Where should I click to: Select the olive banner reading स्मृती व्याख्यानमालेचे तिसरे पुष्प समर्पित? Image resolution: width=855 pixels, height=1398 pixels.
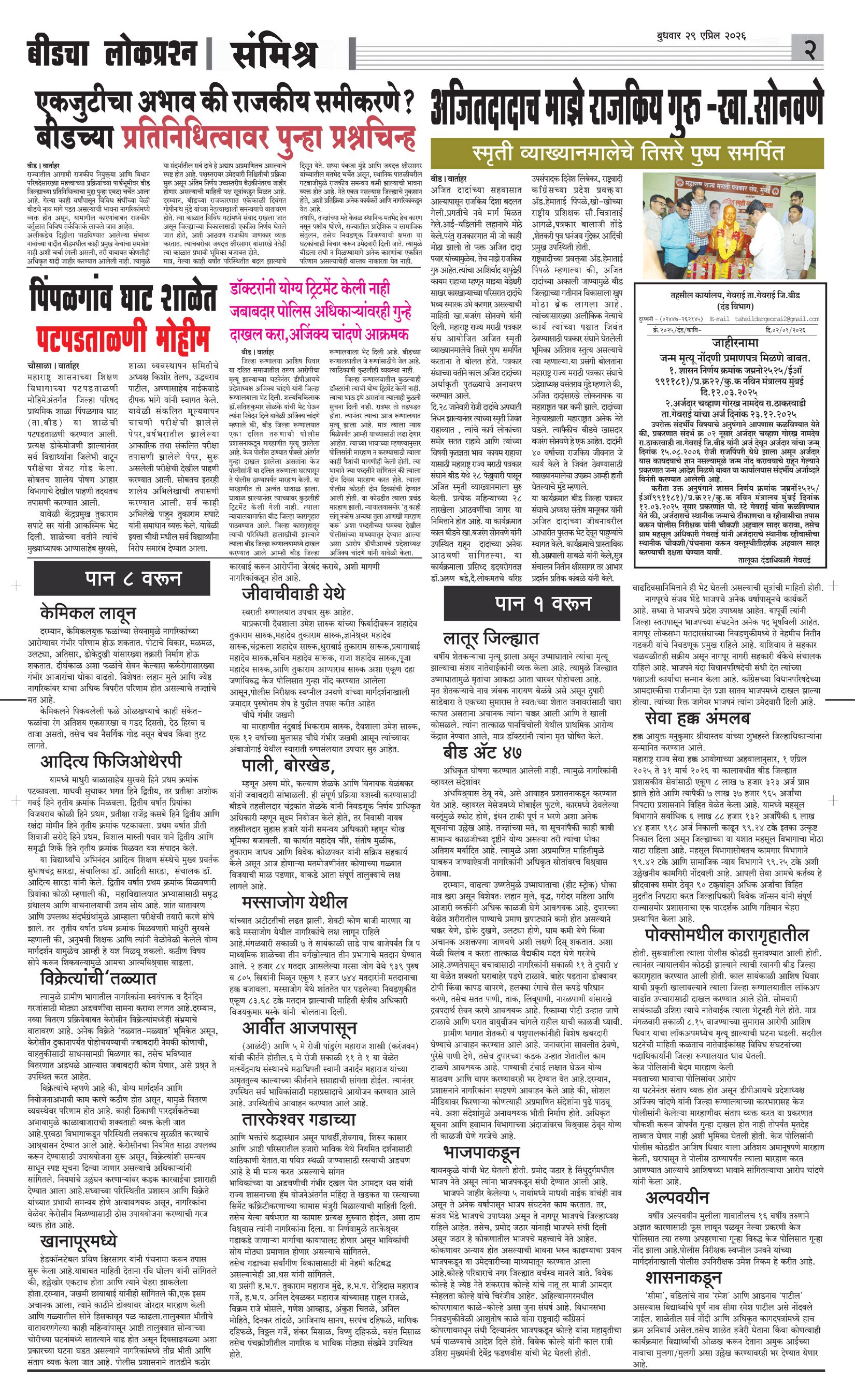pos(628,153)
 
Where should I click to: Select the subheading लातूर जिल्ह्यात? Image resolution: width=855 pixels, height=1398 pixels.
pos(491,639)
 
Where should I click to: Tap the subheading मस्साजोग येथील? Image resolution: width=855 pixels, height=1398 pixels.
pos(294,902)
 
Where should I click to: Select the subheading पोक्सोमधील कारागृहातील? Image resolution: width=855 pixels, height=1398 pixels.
pos(726,935)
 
